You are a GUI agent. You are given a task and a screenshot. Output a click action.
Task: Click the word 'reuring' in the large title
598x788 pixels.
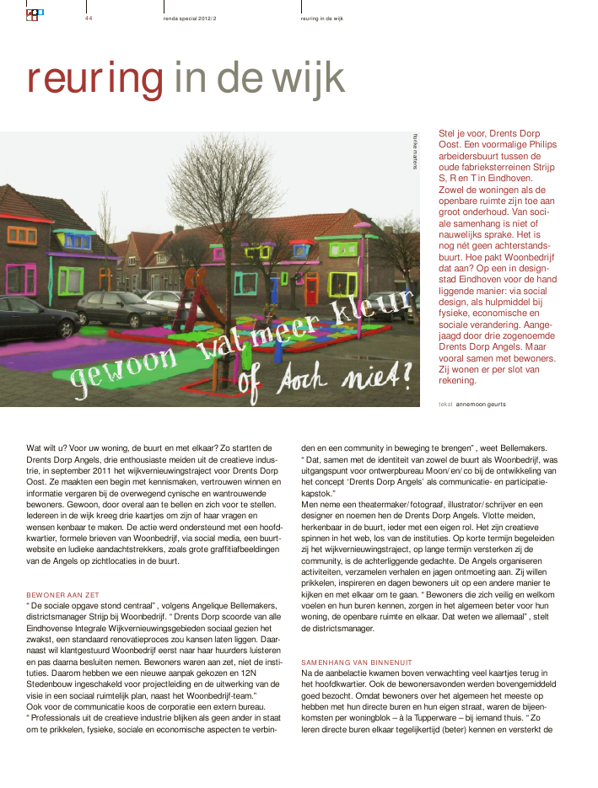[94, 78]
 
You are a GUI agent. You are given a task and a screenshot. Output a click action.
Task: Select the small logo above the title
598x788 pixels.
[35, 14]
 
